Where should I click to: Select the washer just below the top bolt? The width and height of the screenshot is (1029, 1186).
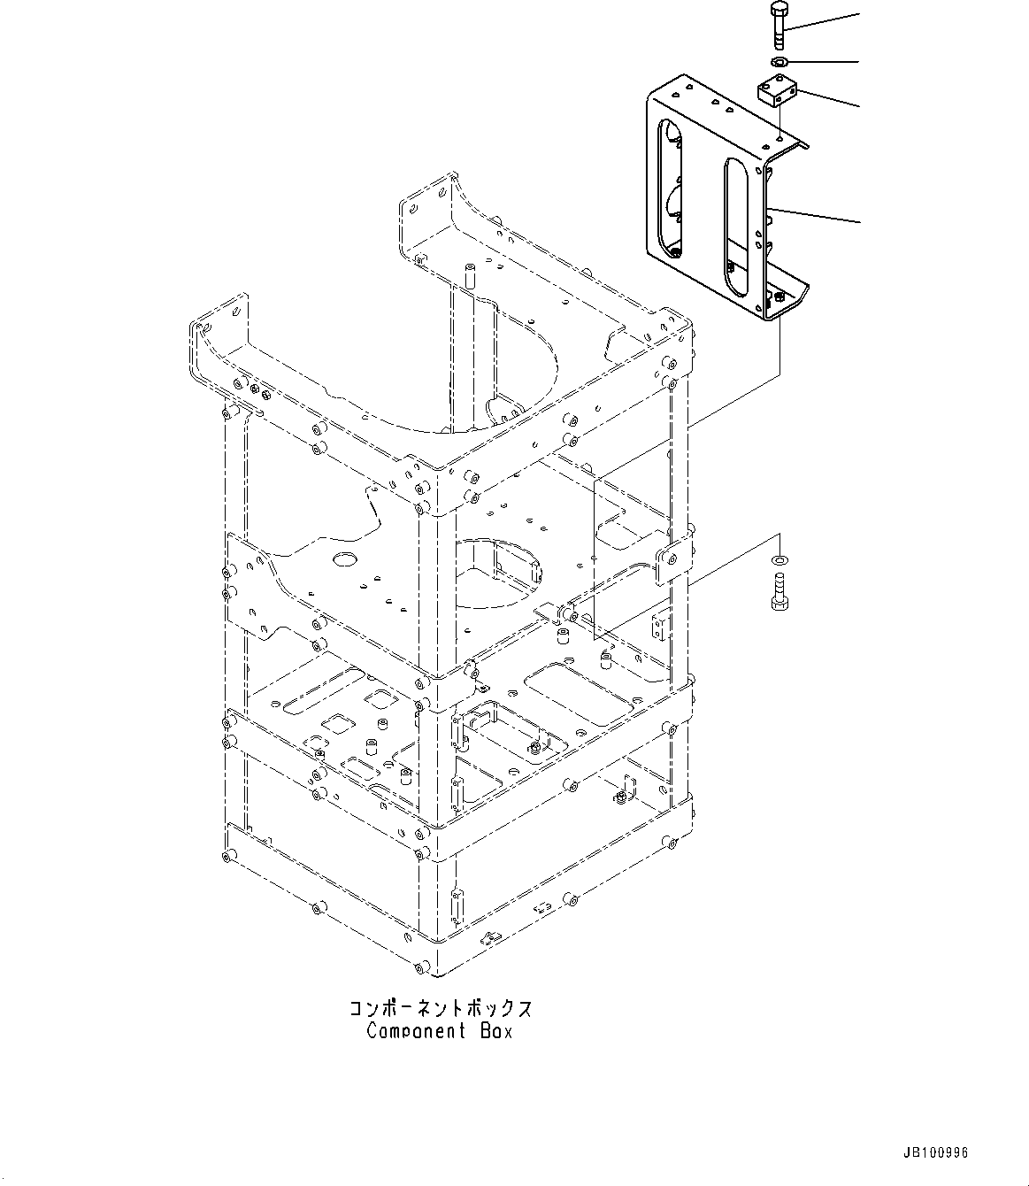click(779, 61)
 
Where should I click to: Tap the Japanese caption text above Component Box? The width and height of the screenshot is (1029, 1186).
click(440, 1008)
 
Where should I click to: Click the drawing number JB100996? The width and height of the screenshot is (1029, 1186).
click(937, 1153)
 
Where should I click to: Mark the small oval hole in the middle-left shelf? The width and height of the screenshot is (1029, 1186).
click(342, 559)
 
